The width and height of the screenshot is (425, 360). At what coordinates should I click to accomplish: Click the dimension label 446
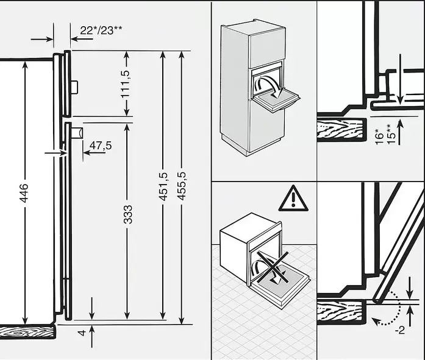pyautogui.click(x=24, y=193)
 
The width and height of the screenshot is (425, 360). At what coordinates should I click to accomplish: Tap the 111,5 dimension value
pyautogui.click(x=126, y=84)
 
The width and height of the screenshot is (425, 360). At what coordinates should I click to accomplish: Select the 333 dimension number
pyautogui.click(x=127, y=214)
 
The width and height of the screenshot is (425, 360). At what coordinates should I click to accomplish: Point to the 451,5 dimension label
pyautogui.click(x=163, y=186)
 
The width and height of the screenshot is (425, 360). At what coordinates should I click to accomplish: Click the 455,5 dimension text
pyautogui.click(x=182, y=186)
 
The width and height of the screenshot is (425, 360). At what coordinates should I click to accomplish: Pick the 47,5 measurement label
pyautogui.click(x=101, y=146)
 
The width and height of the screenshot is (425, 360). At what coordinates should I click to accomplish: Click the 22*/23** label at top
pyautogui.click(x=101, y=30)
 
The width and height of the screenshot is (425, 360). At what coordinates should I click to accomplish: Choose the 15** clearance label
pyautogui.click(x=390, y=134)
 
